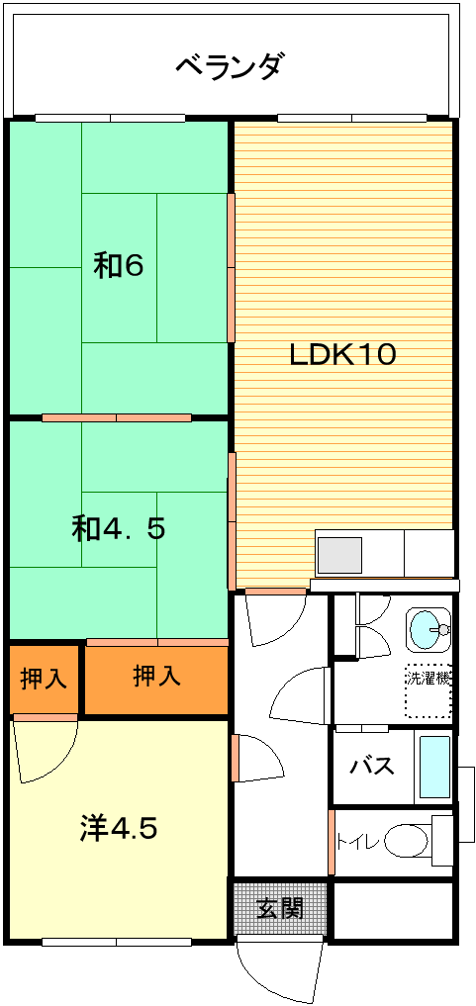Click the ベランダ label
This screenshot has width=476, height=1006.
point(229,65)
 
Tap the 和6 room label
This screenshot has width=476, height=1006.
point(119,266)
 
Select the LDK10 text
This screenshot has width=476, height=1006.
point(342,354)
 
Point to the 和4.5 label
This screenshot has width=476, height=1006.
point(119,528)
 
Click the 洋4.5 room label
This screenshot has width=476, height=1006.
point(120,828)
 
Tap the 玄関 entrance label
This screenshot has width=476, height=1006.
point(280,908)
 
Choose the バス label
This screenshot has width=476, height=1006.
point(371,766)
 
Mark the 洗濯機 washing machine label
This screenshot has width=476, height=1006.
point(428,677)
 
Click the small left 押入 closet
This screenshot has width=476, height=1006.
point(44,679)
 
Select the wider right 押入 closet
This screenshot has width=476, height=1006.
point(156,679)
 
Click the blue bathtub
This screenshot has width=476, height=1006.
point(434,767)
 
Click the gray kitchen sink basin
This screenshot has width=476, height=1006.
point(340,554)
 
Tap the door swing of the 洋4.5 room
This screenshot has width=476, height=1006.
point(45,751)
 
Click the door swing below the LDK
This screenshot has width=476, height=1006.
point(276,619)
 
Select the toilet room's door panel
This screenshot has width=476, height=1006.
point(332,843)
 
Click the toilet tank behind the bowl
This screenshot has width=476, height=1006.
point(442,841)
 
